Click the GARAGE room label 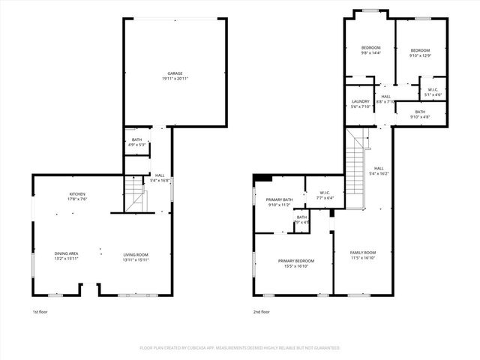pos(175,73)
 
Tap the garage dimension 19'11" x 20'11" pos(175,79)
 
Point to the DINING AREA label pos(66,254)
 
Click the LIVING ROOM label pos(136,254)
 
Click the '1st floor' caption pos(40,311)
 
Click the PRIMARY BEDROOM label pos(296,260)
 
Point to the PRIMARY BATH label pos(278,199)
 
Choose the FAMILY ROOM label pos(363,252)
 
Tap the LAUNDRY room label pos(361,101)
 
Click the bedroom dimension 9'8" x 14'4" pos(371,53)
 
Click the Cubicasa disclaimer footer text pos(240,348)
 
